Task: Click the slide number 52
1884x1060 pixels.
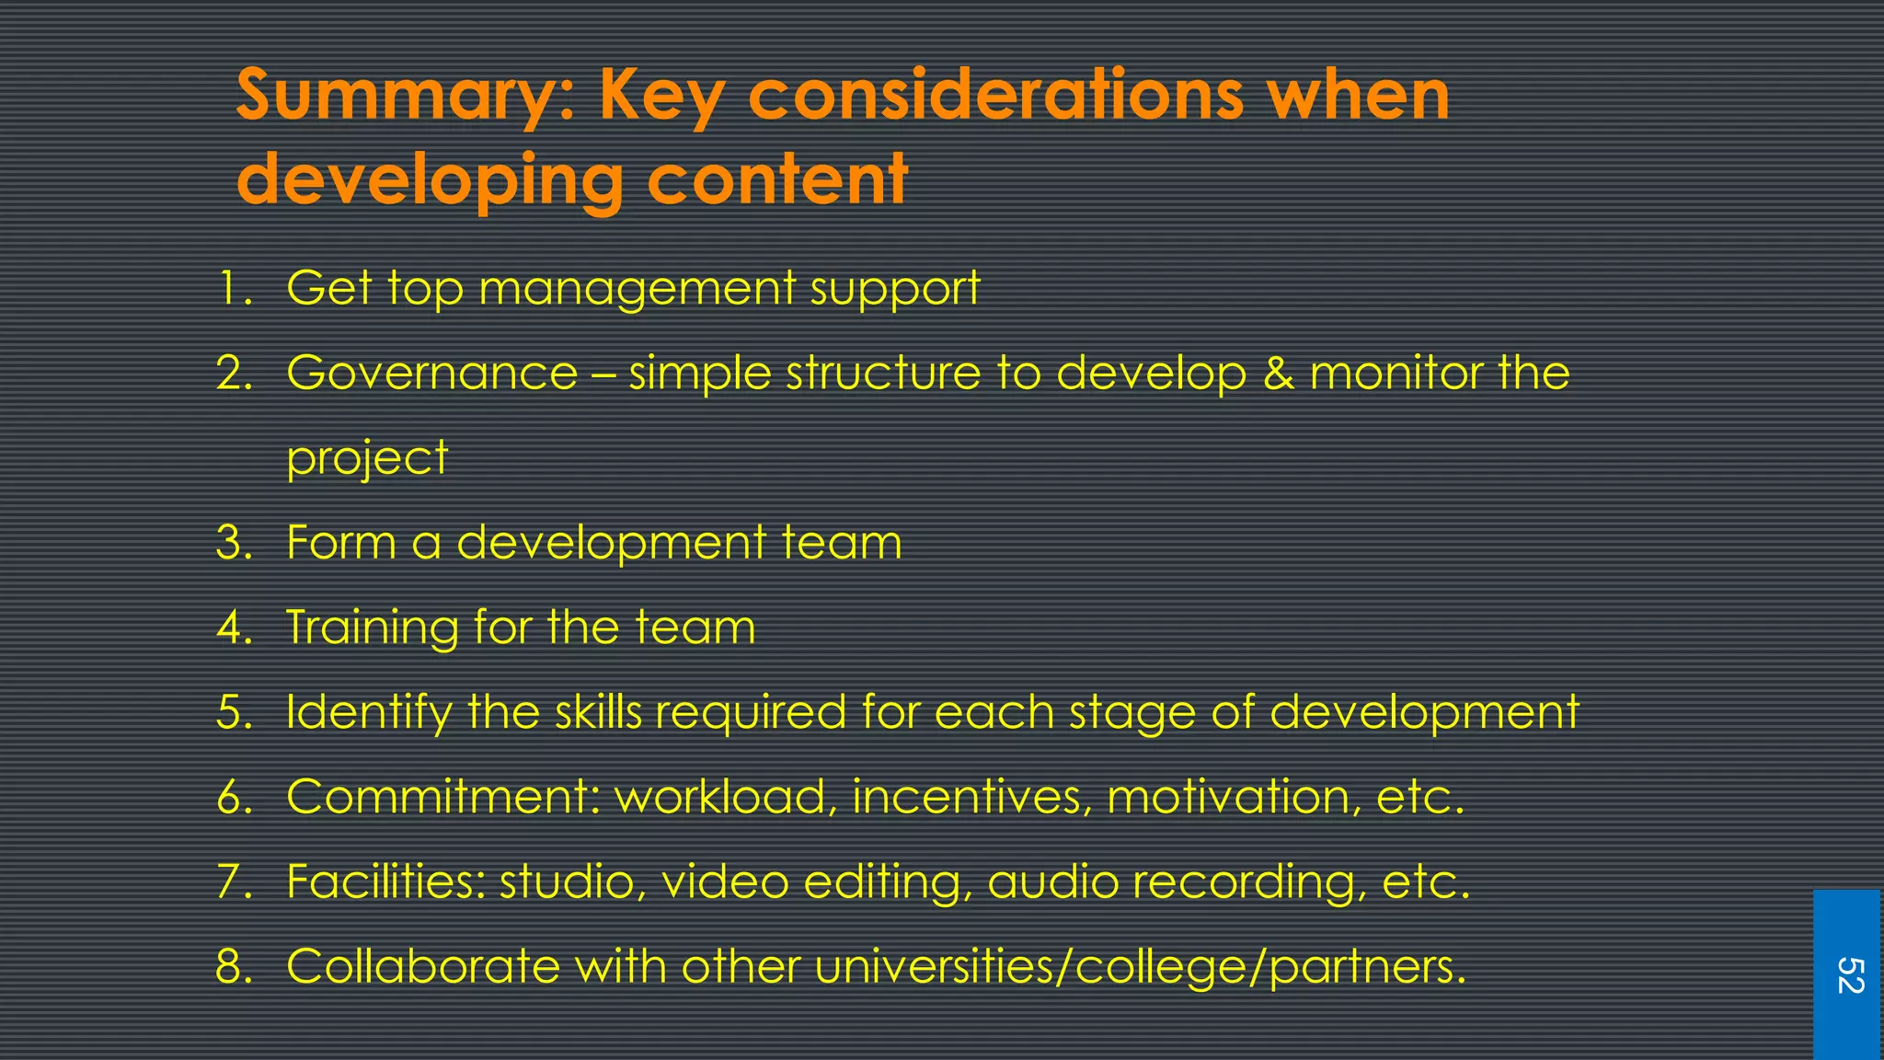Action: click(1848, 975)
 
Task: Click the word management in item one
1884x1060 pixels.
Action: click(637, 290)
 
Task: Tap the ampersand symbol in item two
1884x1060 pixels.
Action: click(1277, 374)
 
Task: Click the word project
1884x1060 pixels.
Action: click(367, 459)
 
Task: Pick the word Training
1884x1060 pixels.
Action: click(372, 628)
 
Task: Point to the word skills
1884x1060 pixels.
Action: click(598, 711)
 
